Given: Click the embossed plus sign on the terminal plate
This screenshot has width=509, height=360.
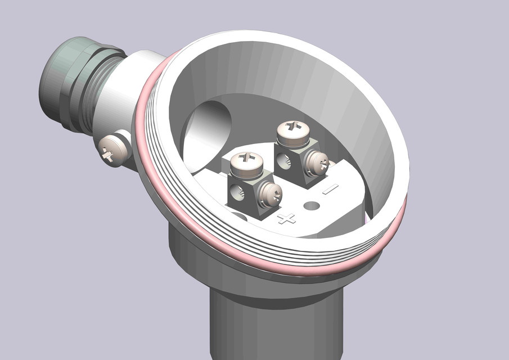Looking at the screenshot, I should (x=287, y=218).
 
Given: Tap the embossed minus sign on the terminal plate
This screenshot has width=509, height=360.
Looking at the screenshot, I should (x=330, y=189).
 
